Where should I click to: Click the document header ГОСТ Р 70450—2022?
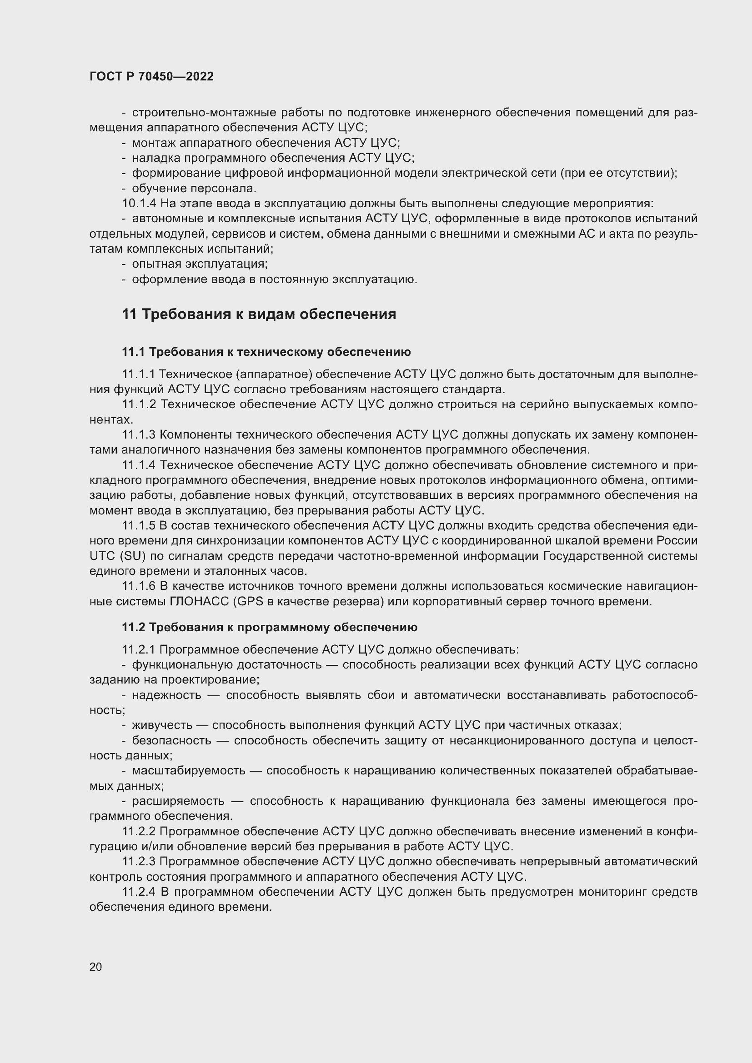(x=151, y=77)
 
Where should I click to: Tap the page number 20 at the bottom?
(x=95, y=967)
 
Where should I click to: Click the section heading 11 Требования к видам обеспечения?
(x=259, y=314)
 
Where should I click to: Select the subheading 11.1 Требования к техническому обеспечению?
(x=266, y=352)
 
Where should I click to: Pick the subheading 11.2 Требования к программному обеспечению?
(x=270, y=627)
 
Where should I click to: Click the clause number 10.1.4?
(x=140, y=203)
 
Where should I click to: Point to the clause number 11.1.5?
(x=139, y=525)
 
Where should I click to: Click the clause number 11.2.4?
(x=140, y=892)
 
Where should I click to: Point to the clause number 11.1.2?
(x=139, y=404)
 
